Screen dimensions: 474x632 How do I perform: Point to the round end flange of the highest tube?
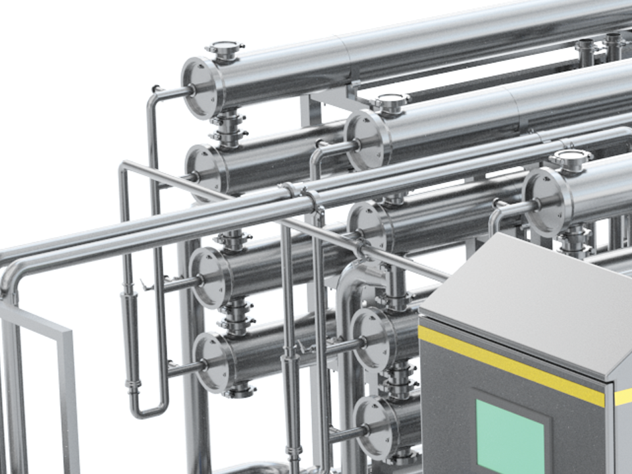[201, 88]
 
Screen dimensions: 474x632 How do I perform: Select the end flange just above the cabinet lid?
[545, 201]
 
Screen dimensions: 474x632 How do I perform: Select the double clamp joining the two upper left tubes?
[228, 128]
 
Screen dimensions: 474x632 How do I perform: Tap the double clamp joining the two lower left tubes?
[236, 316]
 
